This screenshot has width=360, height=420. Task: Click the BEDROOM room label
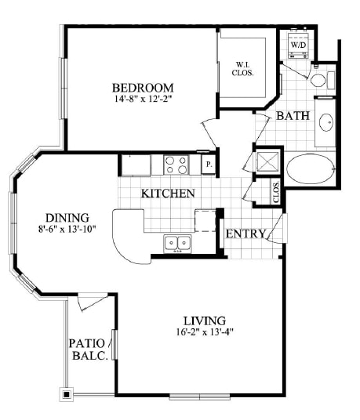click(143, 88)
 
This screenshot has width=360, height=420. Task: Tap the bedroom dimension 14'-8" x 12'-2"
click(143, 99)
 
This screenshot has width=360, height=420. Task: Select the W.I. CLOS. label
click(242, 69)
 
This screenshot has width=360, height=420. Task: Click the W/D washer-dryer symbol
click(297, 45)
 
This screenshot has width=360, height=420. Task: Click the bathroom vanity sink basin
click(326, 122)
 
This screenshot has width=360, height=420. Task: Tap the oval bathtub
click(311, 168)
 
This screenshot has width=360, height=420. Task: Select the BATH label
click(293, 116)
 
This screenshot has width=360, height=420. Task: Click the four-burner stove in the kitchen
click(176, 165)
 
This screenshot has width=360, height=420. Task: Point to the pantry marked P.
click(209, 165)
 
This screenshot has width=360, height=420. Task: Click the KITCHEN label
click(168, 194)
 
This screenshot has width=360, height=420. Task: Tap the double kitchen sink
click(177, 243)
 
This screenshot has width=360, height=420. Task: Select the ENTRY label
click(245, 234)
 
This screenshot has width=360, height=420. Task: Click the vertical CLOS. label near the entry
click(276, 192)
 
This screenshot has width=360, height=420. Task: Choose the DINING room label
click(67, 218)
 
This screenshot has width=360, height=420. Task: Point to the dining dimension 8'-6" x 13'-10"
click(67, 230)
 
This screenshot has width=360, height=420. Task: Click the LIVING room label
click(204, 320)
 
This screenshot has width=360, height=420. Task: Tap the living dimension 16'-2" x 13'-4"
click(205, 332)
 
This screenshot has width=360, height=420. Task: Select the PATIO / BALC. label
click(89, 349)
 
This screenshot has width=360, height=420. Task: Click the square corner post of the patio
click(67, 394)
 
